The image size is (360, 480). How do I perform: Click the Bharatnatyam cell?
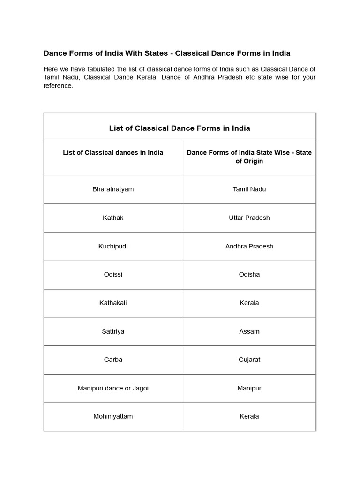(113, 189)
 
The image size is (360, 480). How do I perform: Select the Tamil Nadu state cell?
(249, 189)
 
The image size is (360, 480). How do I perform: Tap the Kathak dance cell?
(113, 218)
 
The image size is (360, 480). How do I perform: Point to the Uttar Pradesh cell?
(249, 218)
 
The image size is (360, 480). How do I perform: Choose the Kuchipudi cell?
(113, 247)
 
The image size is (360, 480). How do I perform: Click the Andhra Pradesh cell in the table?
(249, 247)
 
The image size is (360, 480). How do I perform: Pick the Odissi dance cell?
(113, 275)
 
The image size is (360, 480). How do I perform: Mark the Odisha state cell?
(249, 275)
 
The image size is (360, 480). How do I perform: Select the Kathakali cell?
(113, 303)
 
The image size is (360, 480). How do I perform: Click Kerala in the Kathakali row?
(249, 303)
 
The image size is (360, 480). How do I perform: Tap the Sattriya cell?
(113, 332)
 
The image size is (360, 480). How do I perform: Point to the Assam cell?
(249, 332)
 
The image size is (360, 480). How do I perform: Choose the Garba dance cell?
(113, 360)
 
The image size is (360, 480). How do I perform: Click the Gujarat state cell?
(249, 360)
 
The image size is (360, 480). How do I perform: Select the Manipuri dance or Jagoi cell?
(113, 389)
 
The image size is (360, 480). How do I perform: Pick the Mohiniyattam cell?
(113, 417)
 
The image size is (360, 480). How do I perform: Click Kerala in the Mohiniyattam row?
(249, 417)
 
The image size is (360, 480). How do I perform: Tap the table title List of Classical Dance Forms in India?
(180, 128)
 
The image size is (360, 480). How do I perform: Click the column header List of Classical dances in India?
(113, 153)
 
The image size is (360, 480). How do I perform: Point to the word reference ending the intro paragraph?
(58, 86)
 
